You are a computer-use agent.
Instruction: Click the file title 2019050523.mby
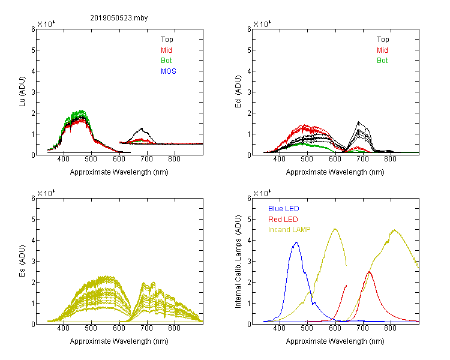[119, 18]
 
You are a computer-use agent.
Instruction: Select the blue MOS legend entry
[169, 71]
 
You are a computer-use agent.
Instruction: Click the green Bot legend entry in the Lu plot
[166, 61]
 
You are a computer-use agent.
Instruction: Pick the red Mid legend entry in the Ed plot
[382, 50]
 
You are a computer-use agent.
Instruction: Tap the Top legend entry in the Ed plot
[383, 40]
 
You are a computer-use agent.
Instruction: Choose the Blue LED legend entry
[284, 209]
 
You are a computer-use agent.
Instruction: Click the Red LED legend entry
[283, 220]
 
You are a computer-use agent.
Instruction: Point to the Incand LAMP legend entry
[289, 230]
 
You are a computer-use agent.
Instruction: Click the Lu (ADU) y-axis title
[22, 92]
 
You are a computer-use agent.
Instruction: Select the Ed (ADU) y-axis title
[238, 92]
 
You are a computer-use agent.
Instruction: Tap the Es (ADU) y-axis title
[22, 261]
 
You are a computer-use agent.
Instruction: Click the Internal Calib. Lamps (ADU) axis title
[238, 262]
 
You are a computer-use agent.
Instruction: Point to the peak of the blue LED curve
[296, 242]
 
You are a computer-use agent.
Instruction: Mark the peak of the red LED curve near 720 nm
[369, 272]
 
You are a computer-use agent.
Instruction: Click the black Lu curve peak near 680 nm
[142, 128]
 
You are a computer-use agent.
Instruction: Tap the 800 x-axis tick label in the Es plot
[174, 328]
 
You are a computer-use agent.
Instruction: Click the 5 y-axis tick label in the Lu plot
[33, 50]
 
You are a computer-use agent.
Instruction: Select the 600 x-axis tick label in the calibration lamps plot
[335, 328]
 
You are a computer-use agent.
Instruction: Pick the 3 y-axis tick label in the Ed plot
[249, 92]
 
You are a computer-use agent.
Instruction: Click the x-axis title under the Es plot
[119, 341]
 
